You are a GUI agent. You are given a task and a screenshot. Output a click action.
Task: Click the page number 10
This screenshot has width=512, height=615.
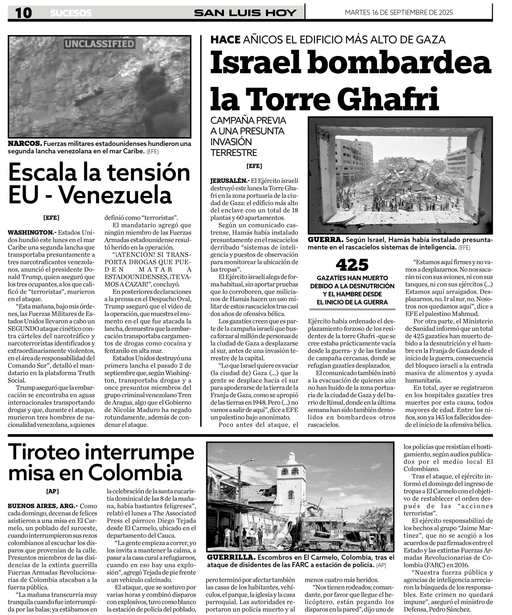[x=24, y=13]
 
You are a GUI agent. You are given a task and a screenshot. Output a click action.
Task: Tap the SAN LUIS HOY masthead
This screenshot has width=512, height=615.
[x=245, y=13]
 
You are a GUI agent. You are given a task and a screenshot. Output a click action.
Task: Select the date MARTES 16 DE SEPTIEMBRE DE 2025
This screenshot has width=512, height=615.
[x=399, y=12]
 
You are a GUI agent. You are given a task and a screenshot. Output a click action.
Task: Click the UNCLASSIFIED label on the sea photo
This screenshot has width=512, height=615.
[x=99, y=44]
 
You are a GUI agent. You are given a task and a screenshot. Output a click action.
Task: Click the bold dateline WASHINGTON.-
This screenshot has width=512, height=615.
[x=32, y=233]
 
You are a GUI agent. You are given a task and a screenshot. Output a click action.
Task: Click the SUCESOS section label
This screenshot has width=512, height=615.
[x=71, y=13]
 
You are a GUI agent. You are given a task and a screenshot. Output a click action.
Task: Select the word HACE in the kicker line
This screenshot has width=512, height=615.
[x=225, y=40]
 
